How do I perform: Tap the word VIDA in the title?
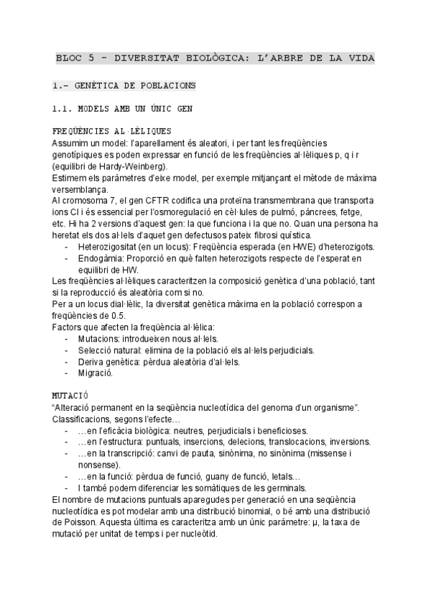click(x=362, y=57)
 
